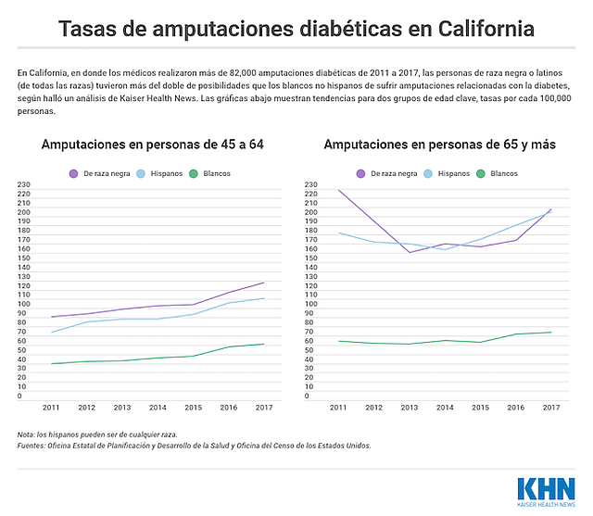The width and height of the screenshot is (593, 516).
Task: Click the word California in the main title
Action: click(x=486, y=29)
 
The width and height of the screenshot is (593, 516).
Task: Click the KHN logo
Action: click(x=546, y=492)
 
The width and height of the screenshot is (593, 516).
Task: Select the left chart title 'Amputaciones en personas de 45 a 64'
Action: click(x=152, y=145)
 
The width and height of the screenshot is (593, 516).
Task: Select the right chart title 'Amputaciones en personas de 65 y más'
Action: click(x=440, y=145)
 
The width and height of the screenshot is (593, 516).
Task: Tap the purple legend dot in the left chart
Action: click(x=73, y=174)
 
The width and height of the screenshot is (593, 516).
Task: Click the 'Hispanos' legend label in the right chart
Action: click(x=454, y=173)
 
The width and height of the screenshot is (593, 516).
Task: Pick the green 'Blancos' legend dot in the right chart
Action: click(x=480, y=174)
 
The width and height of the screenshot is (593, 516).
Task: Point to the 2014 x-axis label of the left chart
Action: click(x=158, y=408)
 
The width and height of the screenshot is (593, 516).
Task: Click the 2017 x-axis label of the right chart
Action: click(x=551, y=408)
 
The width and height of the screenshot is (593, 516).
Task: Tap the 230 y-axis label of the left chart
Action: click(x=24, y=184)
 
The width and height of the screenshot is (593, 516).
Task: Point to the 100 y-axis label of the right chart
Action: click(x=311, y=304)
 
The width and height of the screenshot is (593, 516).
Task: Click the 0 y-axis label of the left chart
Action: click(x=19, y=396)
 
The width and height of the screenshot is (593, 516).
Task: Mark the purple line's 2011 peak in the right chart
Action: click(x=338, y=190)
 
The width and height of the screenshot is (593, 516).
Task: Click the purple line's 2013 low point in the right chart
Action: click(x=410, y=253)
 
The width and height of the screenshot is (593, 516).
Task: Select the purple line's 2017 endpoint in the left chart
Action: click(x=264, y=283)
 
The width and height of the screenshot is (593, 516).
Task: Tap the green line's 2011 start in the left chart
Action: click(x=52, y=364)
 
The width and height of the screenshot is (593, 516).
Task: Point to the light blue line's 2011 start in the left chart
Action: click(x=52, y=333)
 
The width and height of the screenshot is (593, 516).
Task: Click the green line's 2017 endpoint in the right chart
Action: click(x=551, y=333)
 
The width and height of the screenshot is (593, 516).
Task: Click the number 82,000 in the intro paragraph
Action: click(x=243, y=72)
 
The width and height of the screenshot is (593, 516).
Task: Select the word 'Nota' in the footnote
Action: click(x=26, y=434)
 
